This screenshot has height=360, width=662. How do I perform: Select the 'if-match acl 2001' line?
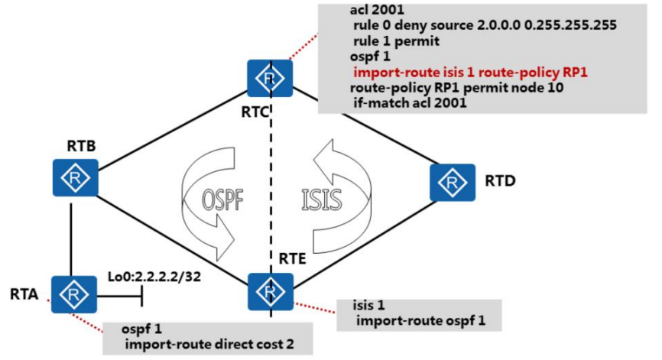410,105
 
